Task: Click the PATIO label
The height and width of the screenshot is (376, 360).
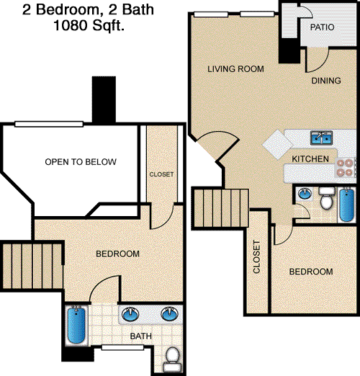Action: pyautogui.click(x=322, y=27)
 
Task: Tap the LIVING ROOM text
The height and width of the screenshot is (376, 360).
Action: pyautogui.click(x=235, y=69)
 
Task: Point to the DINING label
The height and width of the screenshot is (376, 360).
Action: pyautogui.click(x=326, y=81)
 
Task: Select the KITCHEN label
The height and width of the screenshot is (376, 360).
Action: pyautogui.click(x=310, y=158)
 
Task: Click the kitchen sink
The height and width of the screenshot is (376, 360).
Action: pyautogui.click(x=321, y=138)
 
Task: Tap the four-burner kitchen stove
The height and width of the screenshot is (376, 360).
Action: pyautogui.click(x=345, y=168)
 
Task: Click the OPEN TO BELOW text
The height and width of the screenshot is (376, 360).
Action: pyautogui.click(x=81, y=162)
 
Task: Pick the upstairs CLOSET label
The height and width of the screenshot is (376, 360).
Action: pyautogui.click(x=161, y=174)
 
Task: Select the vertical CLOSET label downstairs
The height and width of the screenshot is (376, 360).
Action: pyautogui.click(x=256, y=257)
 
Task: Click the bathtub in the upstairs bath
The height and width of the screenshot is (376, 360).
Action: pyautogui.click(x=76, y=326)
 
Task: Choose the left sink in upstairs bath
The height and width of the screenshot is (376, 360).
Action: pyautogui.click(x=130, y=314)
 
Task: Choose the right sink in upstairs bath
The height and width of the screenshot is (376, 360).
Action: pyautogui.click(x=170, y=314)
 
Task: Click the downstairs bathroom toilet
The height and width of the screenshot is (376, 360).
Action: pyautogui.click(x=327, y=199)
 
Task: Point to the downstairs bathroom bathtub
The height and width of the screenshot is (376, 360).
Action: pyautogui.click(x=346, y=205)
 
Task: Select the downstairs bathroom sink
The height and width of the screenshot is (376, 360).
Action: pyautogui.click(x=305, y=194)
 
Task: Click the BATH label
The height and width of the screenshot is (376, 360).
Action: pyautogui.click(x=140, y=336)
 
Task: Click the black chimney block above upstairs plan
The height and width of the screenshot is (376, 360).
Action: pyautogui.click(x=104, y=99)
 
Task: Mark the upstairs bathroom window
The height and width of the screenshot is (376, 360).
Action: pyautogui.click(x=122, y=347)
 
